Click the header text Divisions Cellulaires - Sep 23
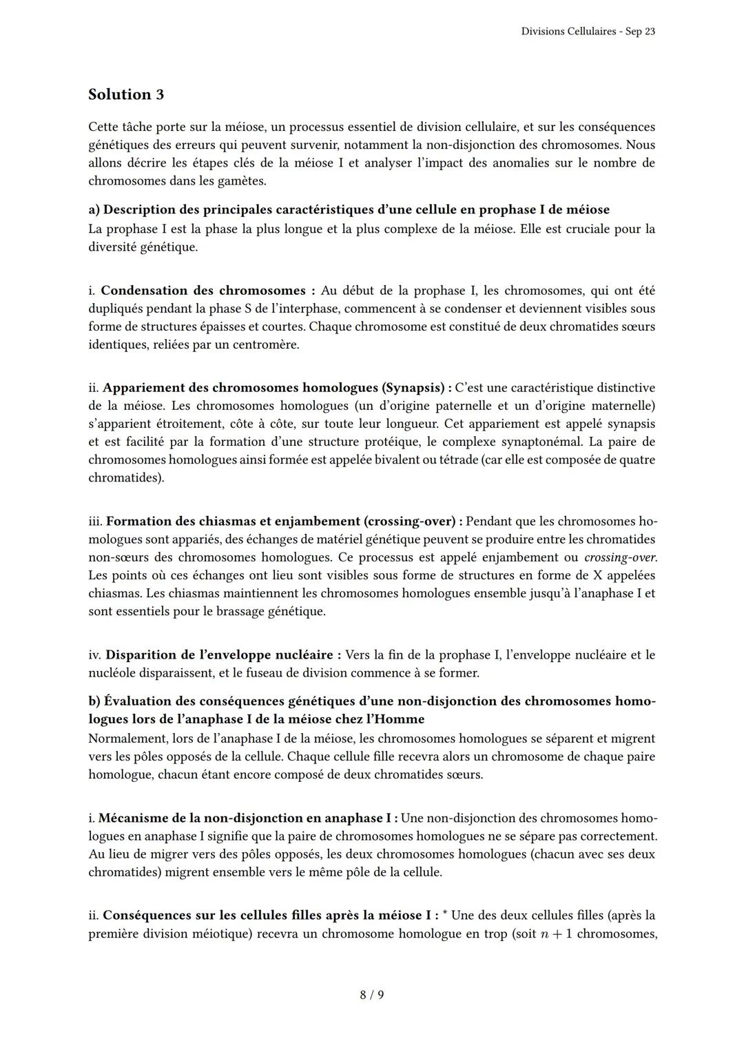(x=588, y=32)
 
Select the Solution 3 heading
(x=126, y=94)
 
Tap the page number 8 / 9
(x=372, y=995)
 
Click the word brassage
(x=232, y=611)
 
